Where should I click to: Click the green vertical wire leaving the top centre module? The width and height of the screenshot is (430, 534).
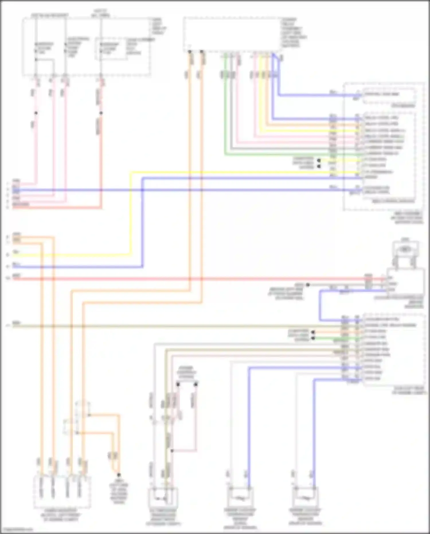[225, 115]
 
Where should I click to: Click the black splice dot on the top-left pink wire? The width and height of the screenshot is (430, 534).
[36, 113]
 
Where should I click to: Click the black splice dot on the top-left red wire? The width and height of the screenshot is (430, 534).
[101, 113]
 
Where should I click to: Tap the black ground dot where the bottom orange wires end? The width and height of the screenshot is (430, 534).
[119, 475]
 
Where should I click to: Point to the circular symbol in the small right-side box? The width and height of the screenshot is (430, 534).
[404, 249]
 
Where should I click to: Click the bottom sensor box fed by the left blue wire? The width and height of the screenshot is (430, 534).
[240, 498]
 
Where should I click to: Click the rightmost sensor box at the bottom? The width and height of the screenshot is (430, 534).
[306, 498]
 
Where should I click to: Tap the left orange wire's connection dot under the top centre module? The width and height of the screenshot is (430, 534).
[190, 52]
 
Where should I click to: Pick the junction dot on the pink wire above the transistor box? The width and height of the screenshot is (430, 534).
[172, 451]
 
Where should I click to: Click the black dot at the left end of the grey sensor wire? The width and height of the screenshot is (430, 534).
[308, 285]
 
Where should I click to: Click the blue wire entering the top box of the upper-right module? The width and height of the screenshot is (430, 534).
[315, 95]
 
